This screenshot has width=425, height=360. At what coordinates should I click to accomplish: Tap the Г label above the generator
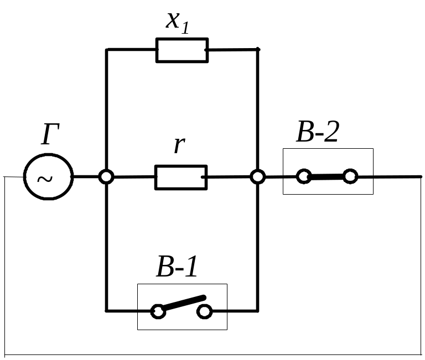(x=50, y=134)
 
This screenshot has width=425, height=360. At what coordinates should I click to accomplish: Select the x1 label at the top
(x=178, y=23)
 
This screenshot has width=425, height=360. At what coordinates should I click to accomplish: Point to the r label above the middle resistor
(x=179, y=144)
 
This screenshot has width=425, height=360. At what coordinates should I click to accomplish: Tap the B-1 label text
(x=177, y=267)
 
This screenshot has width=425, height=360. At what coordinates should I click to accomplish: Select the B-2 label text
(x=318, y=132)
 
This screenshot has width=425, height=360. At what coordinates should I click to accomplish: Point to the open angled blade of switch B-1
(x=184, y=303)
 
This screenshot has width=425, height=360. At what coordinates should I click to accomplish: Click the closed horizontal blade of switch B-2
(x=327, y=177)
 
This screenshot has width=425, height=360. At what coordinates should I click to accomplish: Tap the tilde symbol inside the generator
(x=45, y=179)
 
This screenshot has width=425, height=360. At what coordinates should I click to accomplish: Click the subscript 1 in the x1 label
(x=185, y=28)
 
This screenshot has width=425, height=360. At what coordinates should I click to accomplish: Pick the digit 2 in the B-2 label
(x=331, y=132)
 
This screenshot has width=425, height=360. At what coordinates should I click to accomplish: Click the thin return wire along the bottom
(x=212, y=354)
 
